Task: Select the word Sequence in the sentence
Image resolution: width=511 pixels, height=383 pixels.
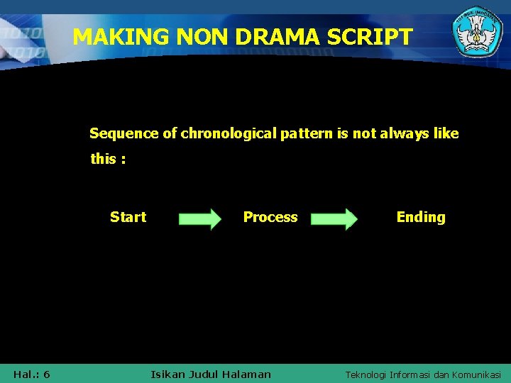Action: pyautogui.click(x=117, y=133)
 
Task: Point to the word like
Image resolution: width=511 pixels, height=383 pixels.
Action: pyautogui.click(x=445, y=133)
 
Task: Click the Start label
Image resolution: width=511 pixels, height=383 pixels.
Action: pyautogui.click(x=128, y=217)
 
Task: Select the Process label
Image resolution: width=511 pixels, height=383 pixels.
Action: pyautogui.click(x=270, y=217)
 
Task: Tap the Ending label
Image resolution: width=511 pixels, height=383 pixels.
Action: pyautogui.click(x=421, y=217)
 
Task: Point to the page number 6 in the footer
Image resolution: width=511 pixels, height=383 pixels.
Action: pyautogui.click(x=46, y=374)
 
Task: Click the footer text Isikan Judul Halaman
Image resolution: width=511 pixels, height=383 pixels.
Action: pyautogui.click(x=211, y=374)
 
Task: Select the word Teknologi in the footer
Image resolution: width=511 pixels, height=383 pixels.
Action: pyautogui.click(x=368, y=374)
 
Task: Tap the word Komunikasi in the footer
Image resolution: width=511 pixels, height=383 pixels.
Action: pyautogui.click(x=476, y=374)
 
